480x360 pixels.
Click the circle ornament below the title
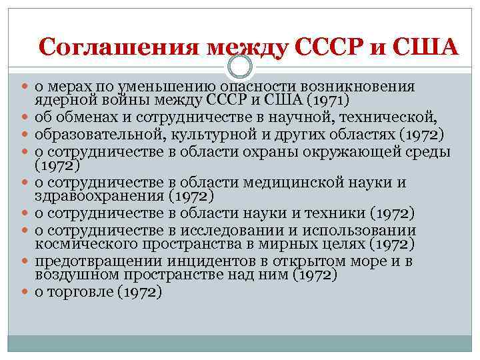point(240,66)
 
